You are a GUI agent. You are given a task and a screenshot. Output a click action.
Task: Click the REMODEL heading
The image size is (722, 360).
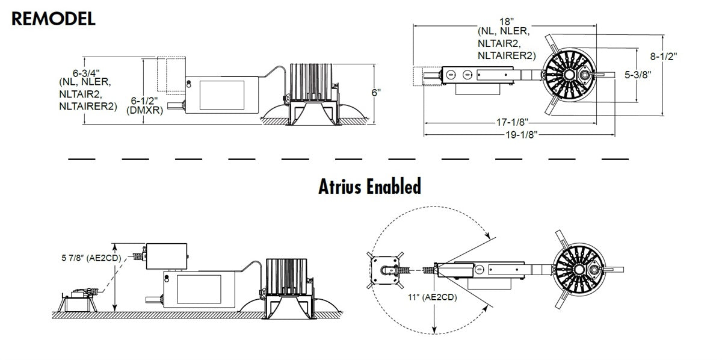pyautogui.click(x=54, y=19)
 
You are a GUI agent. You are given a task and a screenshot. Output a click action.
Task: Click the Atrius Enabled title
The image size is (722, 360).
pyautogui.click(x=369, y=187)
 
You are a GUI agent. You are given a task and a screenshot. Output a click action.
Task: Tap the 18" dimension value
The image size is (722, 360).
pyautogui.click(x=507, y=22)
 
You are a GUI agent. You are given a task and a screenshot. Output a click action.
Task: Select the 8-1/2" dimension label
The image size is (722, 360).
pyautogui.click(x=663, y=57)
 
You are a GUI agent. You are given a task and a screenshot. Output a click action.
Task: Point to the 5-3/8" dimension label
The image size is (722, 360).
pyautogui.click(x=638, y=75)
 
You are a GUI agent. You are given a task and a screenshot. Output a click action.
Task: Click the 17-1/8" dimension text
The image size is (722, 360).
pyautogui.click(x=512, y=122)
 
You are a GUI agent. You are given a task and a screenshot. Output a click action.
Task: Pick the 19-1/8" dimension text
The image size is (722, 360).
pyautogui.click(x=522, y=134)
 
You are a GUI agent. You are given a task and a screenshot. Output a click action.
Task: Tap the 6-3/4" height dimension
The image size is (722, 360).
pyautogui.click(x=86, y=73)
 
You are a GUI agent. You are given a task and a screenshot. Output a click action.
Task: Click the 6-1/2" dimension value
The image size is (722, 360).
pyautogui.click(x=144, y=101)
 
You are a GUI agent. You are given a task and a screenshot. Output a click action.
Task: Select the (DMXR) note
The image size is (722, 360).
pyautogui.click(x=145, y=110)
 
